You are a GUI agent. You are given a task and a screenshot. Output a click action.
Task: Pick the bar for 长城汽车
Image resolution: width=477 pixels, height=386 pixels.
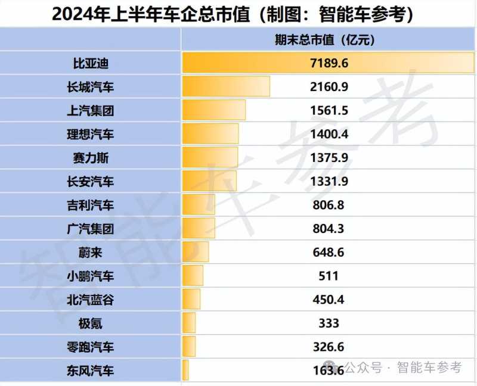226,87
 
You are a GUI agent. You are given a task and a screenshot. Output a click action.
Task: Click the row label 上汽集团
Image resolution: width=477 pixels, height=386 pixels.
90,111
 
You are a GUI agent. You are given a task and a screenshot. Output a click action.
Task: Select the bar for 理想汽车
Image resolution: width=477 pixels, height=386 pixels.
210,134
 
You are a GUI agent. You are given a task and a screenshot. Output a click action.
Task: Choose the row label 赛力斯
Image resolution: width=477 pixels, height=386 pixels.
90,158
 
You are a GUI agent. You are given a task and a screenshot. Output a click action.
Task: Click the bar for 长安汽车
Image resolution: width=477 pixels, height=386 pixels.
209,181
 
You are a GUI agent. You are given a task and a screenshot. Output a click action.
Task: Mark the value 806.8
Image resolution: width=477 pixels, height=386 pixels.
329,205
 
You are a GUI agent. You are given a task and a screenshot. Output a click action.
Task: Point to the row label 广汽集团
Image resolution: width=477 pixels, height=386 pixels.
90,229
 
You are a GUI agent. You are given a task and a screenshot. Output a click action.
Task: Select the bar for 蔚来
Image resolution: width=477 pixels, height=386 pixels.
196,252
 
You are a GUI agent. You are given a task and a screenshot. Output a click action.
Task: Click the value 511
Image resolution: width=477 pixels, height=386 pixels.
329,276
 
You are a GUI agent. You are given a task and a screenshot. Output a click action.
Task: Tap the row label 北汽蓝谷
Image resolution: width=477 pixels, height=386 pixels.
90,300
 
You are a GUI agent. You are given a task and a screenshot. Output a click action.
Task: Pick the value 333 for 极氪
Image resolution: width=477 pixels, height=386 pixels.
329,323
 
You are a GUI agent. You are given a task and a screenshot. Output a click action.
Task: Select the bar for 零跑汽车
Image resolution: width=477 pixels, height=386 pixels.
189,347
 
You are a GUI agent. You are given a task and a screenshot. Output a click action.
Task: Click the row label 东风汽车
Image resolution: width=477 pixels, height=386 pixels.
90,371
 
